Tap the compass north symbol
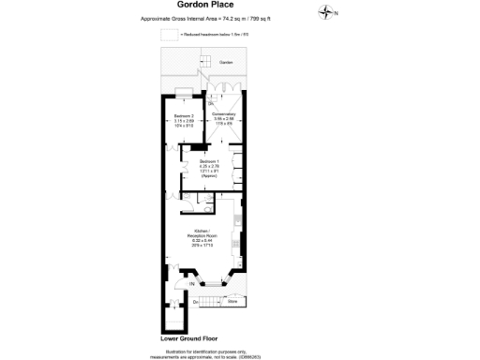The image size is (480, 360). coord(326,11)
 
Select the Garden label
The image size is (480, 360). coord(225,63)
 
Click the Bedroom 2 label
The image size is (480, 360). coord(185,115)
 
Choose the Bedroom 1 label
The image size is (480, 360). coord(209,161)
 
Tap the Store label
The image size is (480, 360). coord(232,301)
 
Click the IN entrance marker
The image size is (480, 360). coord(190,283)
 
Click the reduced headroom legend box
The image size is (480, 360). coord(169,34)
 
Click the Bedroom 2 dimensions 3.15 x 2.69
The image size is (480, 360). coord(185,121)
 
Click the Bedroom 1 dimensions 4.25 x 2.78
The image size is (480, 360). coord(209,167)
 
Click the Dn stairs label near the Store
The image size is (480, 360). coord(196,302)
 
